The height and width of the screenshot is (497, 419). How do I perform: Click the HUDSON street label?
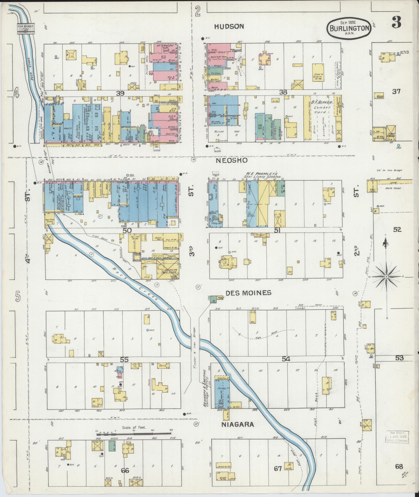tap(229, 26)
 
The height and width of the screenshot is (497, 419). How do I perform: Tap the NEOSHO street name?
tap(231, 161)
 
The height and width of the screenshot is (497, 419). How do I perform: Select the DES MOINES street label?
tap(248, 293)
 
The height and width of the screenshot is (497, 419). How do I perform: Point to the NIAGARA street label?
tap(237, 425)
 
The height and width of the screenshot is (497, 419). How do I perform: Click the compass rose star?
tap(386, 277)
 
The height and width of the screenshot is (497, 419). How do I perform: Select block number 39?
tap(121, 93)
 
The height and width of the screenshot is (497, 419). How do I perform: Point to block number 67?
tap(278, 469)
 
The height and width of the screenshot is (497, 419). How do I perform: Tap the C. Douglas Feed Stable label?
tap(169, 271)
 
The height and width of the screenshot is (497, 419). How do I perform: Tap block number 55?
tap(124, 360)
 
